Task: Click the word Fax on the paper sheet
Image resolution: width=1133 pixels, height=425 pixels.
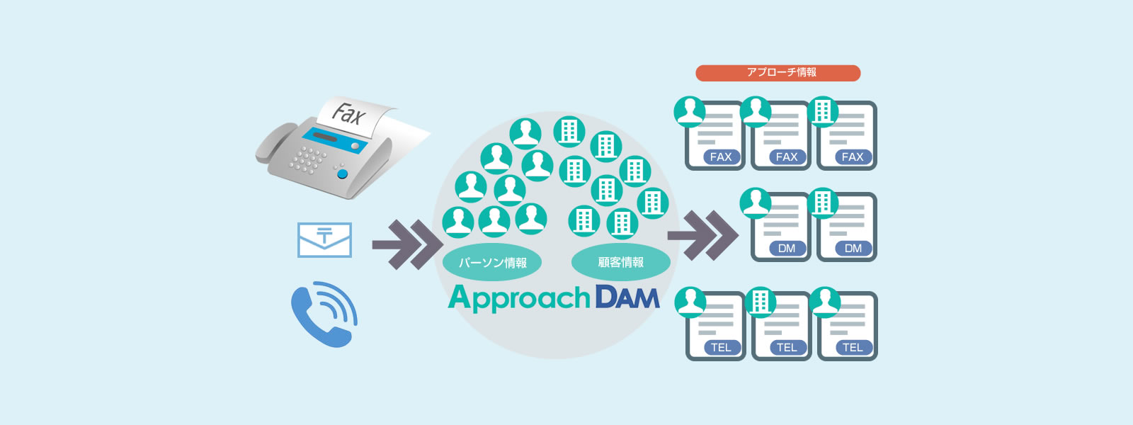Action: (348, 114)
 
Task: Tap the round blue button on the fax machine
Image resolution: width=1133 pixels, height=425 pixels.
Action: (343, 174)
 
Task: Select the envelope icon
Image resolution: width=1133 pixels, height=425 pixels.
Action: (324, 240)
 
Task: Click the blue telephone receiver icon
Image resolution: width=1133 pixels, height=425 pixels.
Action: (324, 314)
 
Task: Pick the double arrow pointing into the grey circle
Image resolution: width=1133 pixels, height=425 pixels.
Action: (408, 245)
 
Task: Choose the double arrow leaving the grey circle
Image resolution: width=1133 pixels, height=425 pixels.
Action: (703, 235)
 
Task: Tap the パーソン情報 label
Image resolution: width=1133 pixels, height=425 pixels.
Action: (492, 262)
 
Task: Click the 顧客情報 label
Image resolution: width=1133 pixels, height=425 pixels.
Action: (620, 262)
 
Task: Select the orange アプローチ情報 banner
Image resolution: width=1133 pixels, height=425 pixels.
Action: (778, 73)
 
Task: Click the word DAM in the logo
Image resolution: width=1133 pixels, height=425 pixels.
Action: (627, 298)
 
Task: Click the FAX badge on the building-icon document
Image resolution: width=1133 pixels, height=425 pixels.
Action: (853, 157)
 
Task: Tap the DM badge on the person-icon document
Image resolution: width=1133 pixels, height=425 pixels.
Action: (787, 249)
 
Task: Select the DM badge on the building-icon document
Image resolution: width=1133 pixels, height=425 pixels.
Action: (853, 249)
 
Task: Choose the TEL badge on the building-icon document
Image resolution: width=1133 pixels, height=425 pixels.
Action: (787, 348)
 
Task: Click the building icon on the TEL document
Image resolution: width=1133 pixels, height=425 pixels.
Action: (761, 302)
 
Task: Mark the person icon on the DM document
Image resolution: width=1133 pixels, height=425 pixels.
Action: (755, 203)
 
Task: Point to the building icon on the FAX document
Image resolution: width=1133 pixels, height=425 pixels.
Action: (822, 112)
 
